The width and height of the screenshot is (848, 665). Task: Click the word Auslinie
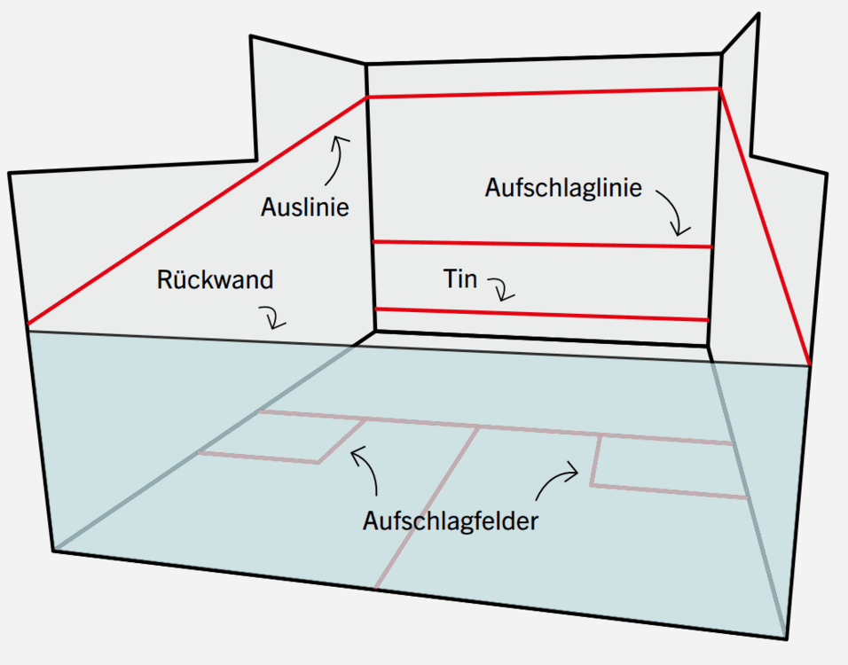click(304, 207)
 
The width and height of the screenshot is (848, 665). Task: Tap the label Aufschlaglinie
click(563, 188)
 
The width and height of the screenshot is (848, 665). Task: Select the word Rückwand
click(216, 279)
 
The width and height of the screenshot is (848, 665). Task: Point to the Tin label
click(460, 279)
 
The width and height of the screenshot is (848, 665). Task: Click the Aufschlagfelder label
click(451, 521)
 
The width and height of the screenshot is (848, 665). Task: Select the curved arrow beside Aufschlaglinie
click(674, 210)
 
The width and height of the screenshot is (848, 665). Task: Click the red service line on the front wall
click(542, 245)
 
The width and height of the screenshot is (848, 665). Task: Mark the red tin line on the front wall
click(542, 314)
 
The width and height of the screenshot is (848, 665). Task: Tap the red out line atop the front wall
click(544, 92)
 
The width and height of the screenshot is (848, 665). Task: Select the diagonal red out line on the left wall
click(198, 211)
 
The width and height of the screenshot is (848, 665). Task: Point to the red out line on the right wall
click(765, 226)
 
